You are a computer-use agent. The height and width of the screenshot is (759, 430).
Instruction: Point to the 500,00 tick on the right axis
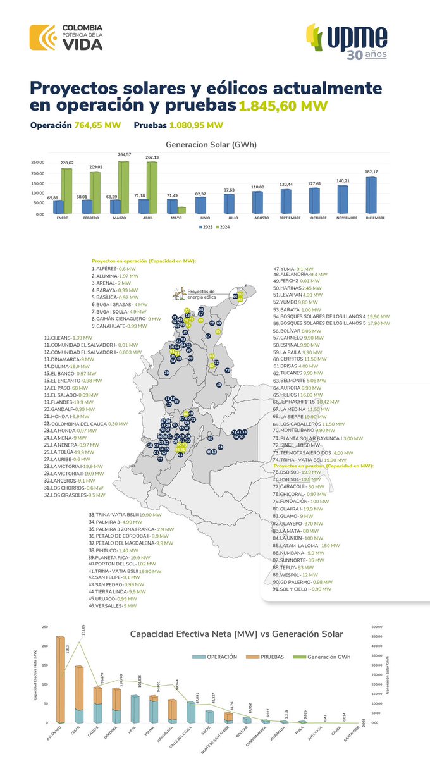379,628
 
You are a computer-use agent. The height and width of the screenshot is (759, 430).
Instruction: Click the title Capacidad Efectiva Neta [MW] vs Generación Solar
236,634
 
